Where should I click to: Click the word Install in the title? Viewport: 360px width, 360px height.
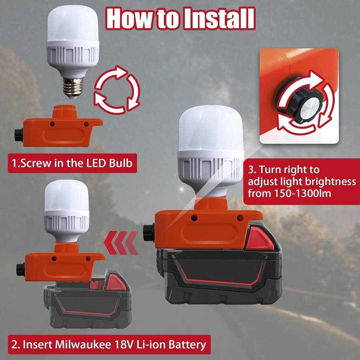click(220, 18)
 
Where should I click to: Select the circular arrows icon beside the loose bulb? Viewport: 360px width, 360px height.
click(117, 90)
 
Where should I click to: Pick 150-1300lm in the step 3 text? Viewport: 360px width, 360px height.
click(303, 193)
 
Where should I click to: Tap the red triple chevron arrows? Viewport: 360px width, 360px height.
click(121, 243)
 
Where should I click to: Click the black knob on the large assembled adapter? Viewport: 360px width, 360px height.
click(148, 233)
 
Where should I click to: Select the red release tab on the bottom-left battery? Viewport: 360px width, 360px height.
click(116, 282)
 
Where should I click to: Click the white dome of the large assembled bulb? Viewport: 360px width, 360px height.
click(211, 128)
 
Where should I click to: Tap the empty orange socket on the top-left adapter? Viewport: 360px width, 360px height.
click(64, 112)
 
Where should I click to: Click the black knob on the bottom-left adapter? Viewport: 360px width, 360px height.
click(20, 270)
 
